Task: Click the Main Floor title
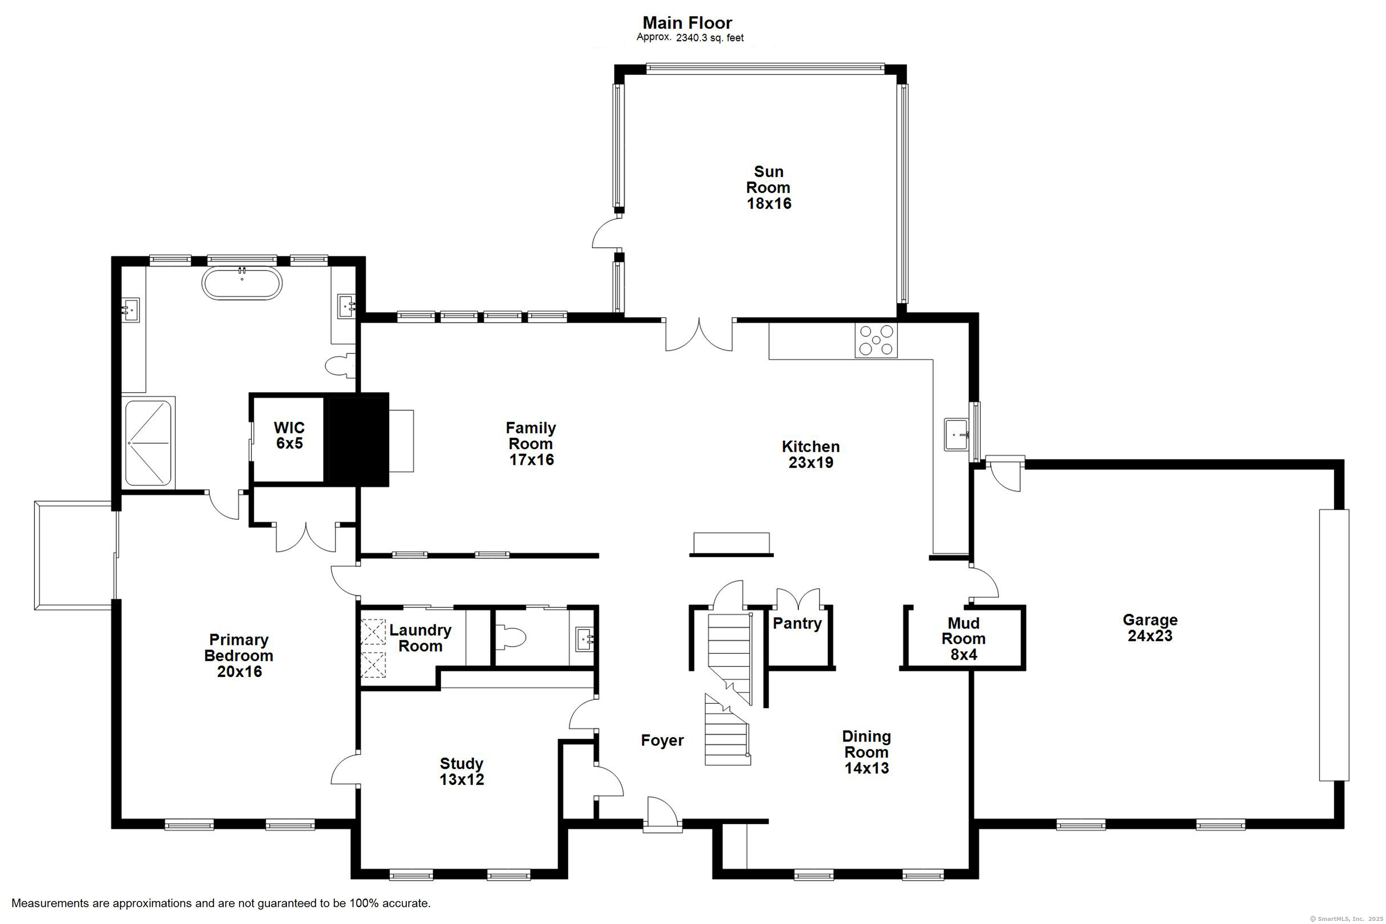pos(687,23)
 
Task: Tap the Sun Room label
pos(768,187)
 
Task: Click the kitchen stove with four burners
pos(876,341)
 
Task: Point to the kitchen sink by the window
pos(956,434)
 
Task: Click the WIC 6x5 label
pos(289,435)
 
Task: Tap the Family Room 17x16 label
pos(531,444)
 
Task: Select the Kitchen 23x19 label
pos(811,454)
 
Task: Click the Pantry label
pos(797,624)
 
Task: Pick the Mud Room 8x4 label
pos(964,639)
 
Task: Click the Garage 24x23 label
pos(1150,628)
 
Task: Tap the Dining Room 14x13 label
pos(866,752)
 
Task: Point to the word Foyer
pos(662,741)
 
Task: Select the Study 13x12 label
pos(462,772)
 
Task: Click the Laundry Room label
pos(420,638)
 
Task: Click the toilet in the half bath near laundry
pos(511,637)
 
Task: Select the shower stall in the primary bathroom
pos(148,443)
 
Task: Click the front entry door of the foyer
pos(663,814)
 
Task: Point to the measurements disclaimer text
pos(221,903)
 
